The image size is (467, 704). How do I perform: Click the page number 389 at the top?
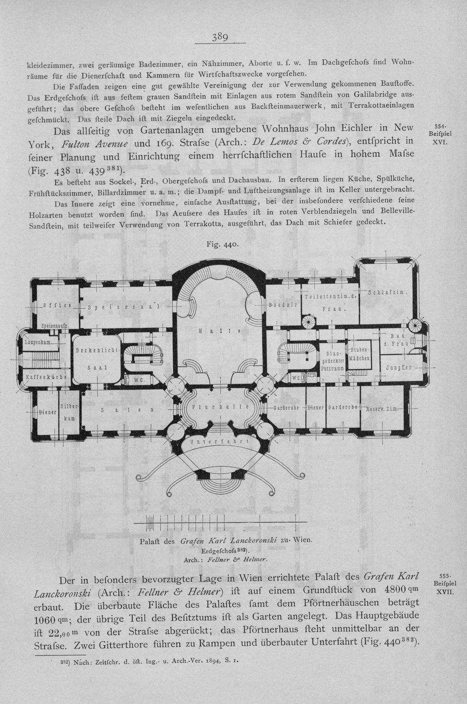(x=219, y=37)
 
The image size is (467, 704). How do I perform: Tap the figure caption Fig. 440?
(x=222, y=244)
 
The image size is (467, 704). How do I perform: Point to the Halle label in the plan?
(x=220, y=331)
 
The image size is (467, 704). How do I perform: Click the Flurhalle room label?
(x=220, y=407)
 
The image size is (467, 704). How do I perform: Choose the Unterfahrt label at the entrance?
(x=220, y=441)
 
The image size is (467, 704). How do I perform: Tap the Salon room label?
(x=128, y=410)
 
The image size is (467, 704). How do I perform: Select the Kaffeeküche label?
(x=46, y=377)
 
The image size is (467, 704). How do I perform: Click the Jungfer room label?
(x=398, y=368)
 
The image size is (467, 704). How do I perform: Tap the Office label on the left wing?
(x=57, y=305)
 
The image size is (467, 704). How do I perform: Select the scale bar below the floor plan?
(x=220, y=522)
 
